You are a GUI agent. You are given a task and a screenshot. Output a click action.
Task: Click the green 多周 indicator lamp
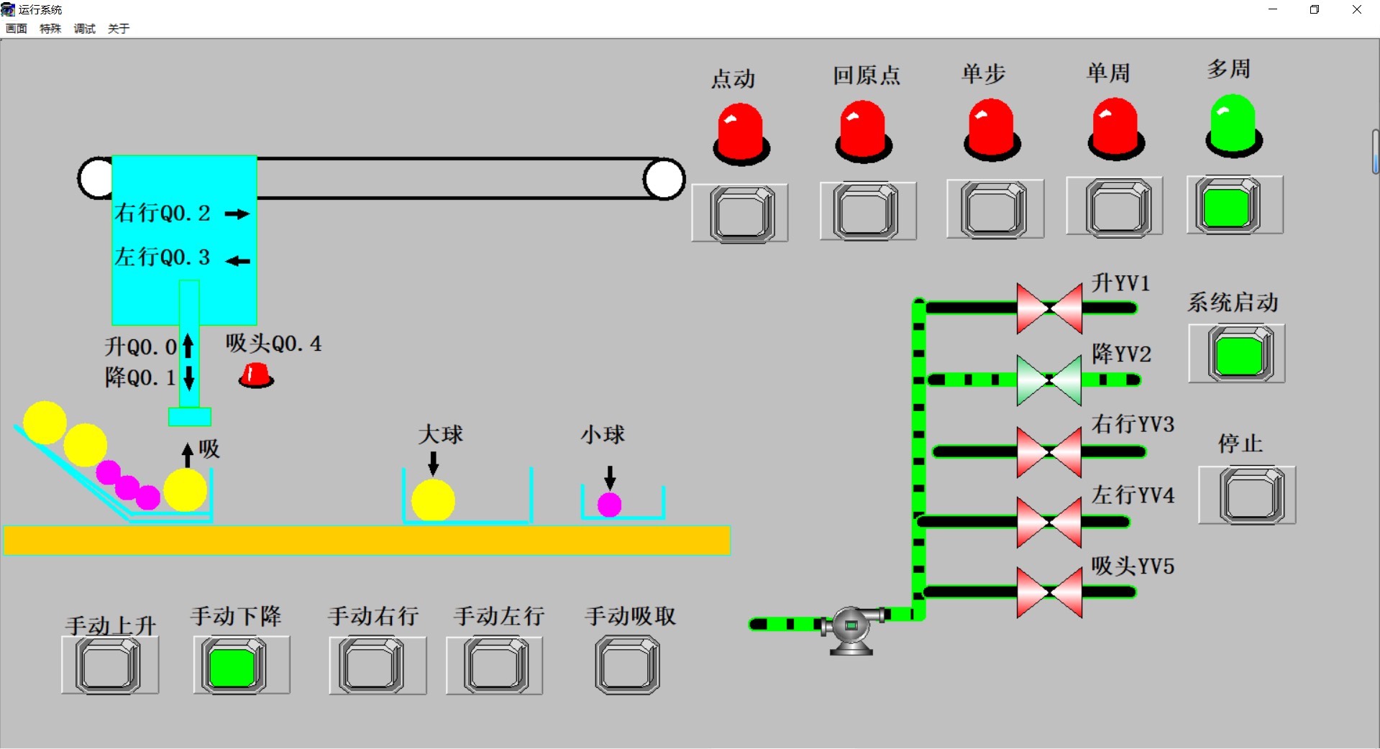(1233, 126)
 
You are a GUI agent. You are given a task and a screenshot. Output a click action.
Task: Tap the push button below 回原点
(867, 211)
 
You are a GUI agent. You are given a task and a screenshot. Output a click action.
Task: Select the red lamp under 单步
(992, 129)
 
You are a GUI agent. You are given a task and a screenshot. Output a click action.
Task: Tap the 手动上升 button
(109, 666)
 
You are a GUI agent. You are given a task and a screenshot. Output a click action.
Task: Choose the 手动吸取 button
(628, 666)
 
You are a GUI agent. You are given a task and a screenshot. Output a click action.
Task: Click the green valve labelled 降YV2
(1049, 380)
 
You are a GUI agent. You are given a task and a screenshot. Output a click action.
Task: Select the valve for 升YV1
(1049, 308)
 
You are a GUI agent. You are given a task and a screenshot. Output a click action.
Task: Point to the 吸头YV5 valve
(1049, 592)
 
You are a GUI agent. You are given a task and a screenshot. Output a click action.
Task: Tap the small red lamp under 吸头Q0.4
(256, 375)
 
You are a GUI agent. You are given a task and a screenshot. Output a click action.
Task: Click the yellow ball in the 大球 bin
(433, 500)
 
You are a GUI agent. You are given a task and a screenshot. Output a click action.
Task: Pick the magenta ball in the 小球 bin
(609, 505)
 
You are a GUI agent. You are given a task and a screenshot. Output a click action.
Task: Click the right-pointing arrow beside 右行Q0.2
(237, 213)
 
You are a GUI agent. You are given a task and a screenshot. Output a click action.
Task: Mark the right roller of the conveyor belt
(664, 179)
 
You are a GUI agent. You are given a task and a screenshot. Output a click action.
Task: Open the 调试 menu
(84, 29)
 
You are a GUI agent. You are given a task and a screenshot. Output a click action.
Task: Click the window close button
(1357, 9)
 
